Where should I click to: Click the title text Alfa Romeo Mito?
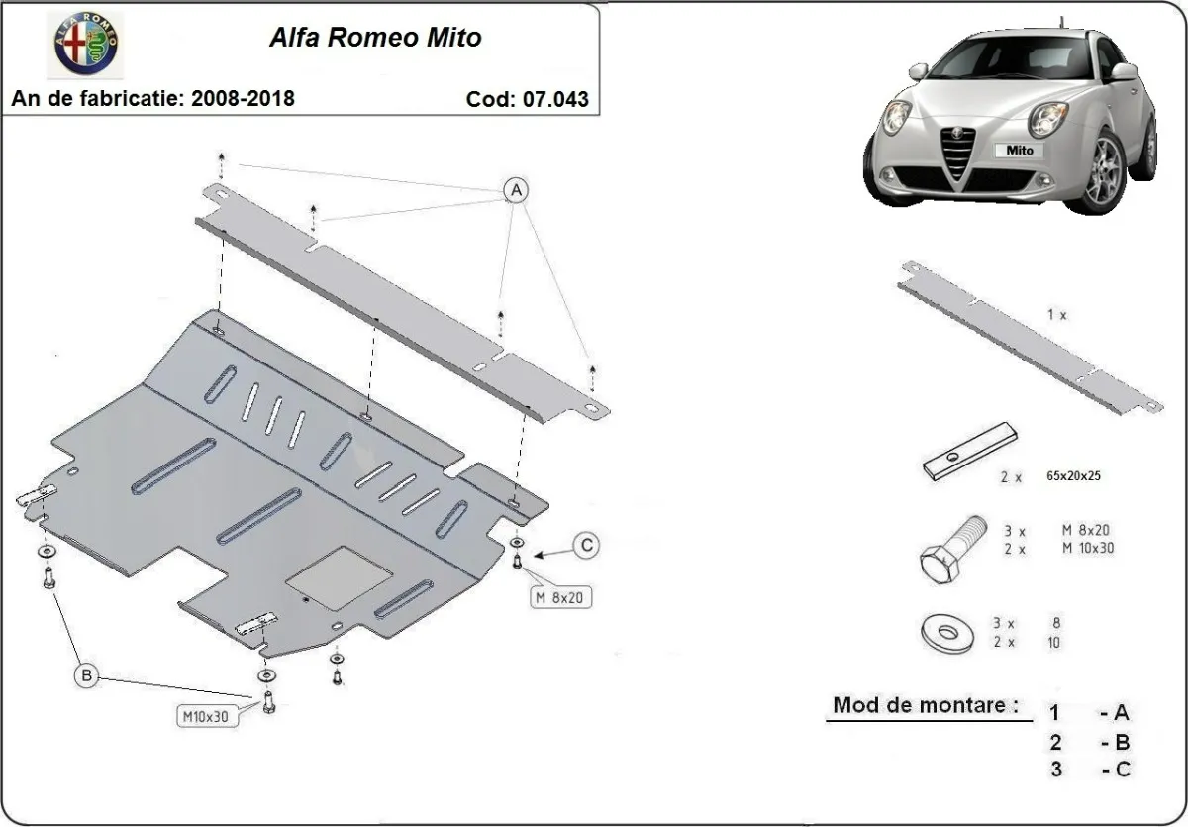tap(375, 39)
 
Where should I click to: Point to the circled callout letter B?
tap(87, 676)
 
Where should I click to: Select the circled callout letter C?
tap(587, 544)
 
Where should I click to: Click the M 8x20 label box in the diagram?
tap(561, 597)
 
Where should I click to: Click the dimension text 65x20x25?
tap(1073, 476)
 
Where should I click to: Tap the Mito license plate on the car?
tap(1020, 151)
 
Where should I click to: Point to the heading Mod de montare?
tap(926, 706)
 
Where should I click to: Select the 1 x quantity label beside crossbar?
tap(1056, 315)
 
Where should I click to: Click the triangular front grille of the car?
tap(958, 158)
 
